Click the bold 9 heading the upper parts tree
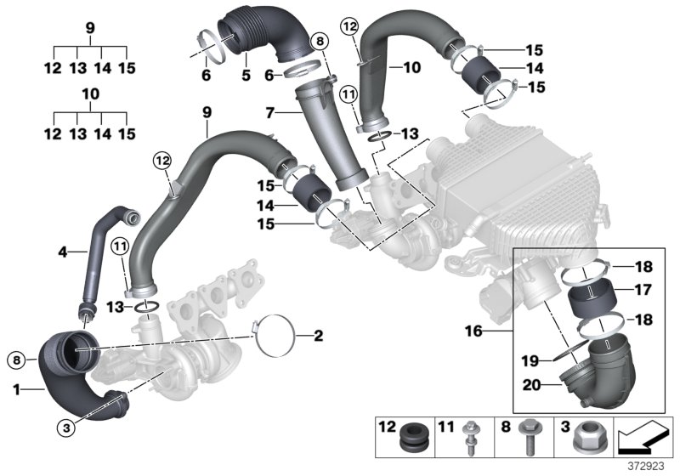[89, 26]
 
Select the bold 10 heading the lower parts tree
[89, 93]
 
